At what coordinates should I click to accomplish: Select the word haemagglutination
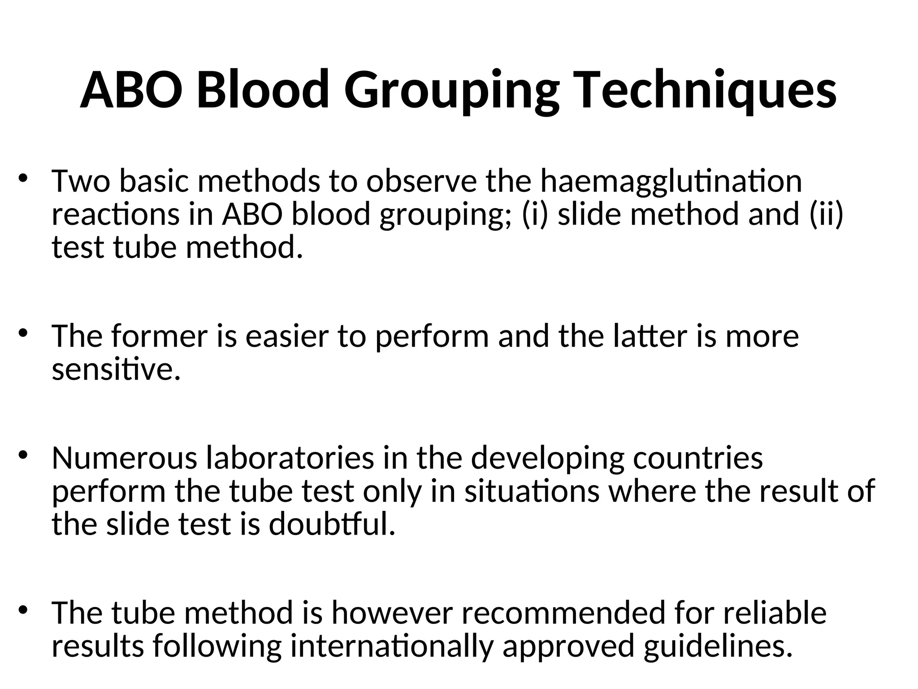[671, 181]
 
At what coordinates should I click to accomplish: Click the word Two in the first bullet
[81, 181]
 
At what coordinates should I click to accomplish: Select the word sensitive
[116, 370]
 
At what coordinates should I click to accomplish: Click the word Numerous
[125, 458]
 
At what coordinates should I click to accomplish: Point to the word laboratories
[290, 458]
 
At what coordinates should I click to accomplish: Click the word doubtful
[332, 524]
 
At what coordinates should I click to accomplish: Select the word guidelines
[715, 646]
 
